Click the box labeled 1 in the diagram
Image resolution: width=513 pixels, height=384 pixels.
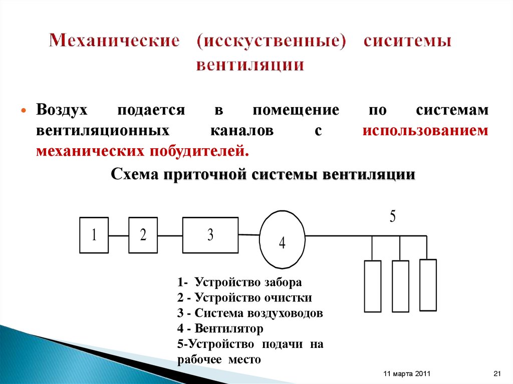coord(94,235)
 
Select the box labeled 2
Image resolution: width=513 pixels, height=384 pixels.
coord(143,235)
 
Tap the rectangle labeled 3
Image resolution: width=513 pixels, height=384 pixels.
coord(210,235)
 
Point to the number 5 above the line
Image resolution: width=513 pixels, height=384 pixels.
coord(393,217)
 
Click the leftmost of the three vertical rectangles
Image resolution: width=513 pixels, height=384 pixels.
coord(372,286)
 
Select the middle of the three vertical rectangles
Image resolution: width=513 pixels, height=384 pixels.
coord(400,286)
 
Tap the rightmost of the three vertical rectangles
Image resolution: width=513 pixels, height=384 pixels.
coord(428,284)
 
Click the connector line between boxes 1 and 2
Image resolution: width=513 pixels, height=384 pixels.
coord(119,235)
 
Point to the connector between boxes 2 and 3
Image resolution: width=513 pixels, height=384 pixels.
coord(170,235)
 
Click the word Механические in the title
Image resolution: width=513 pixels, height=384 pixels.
coord(114,41)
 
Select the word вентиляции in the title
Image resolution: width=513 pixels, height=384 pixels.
coord(250,65)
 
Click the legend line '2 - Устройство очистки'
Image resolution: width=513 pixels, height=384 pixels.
coord(244,298)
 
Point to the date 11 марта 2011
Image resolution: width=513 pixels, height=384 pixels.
coord(406,374)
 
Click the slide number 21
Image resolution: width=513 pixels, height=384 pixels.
coord(497,374)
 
